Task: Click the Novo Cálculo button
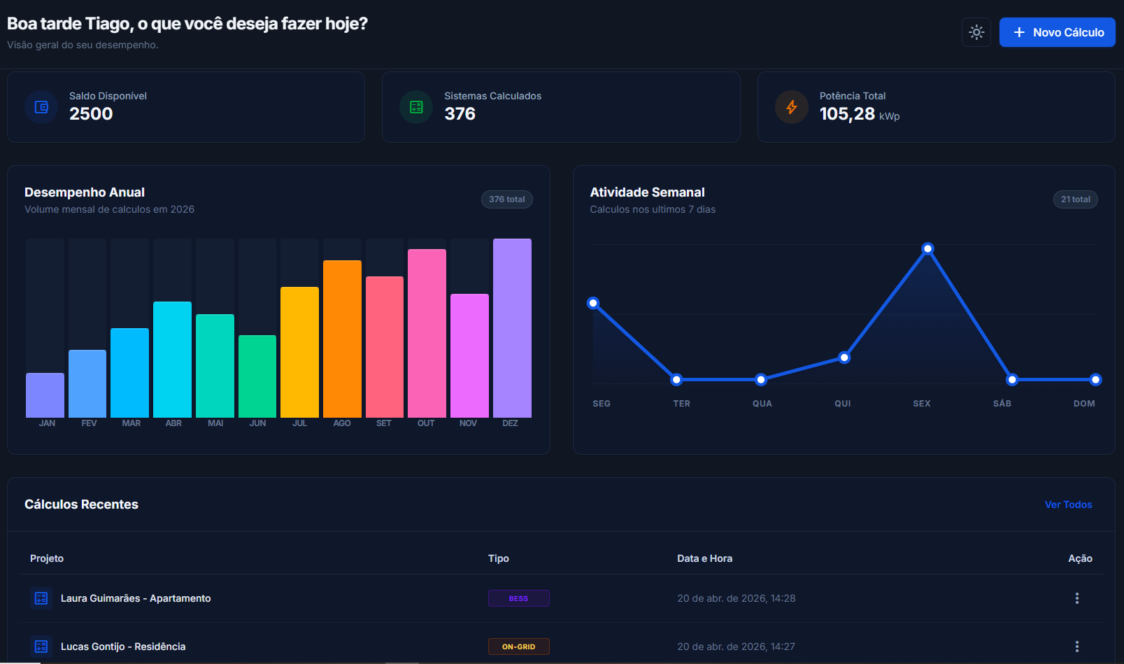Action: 1057,32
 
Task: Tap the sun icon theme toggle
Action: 976,32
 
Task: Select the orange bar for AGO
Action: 342,339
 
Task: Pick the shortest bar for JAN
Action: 45,395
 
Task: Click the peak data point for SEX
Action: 927,248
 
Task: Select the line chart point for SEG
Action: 593,303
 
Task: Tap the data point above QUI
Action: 844,358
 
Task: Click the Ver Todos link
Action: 1068,504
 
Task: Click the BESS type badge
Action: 518,598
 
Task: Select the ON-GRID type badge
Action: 518,647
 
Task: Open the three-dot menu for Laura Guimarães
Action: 1077,598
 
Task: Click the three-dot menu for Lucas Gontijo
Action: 1077,647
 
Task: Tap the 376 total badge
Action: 506,199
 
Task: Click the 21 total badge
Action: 1075,199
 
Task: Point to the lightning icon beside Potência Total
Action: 792,107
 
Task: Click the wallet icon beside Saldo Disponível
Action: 41,107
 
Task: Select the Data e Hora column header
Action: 704,558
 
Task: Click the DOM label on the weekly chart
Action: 1084,404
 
